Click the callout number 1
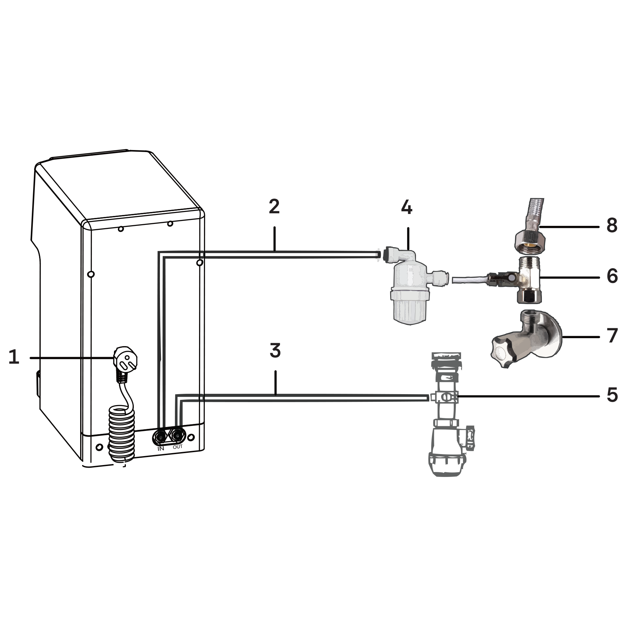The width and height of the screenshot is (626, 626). coord(14,357)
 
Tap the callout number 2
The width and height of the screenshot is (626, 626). coord(274,206)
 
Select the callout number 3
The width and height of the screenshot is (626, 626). coord(275,351)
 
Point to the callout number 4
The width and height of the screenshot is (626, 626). coord(407,208)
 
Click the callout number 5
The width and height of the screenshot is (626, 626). coord(612,395)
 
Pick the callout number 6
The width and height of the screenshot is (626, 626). coord(612,276)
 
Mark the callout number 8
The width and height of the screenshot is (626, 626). coord(612,226)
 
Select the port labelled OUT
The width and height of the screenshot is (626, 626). coord(177,436)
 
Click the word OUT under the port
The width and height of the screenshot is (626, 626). coord(178,447)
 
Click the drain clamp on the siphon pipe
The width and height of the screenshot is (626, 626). coord(445,397)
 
